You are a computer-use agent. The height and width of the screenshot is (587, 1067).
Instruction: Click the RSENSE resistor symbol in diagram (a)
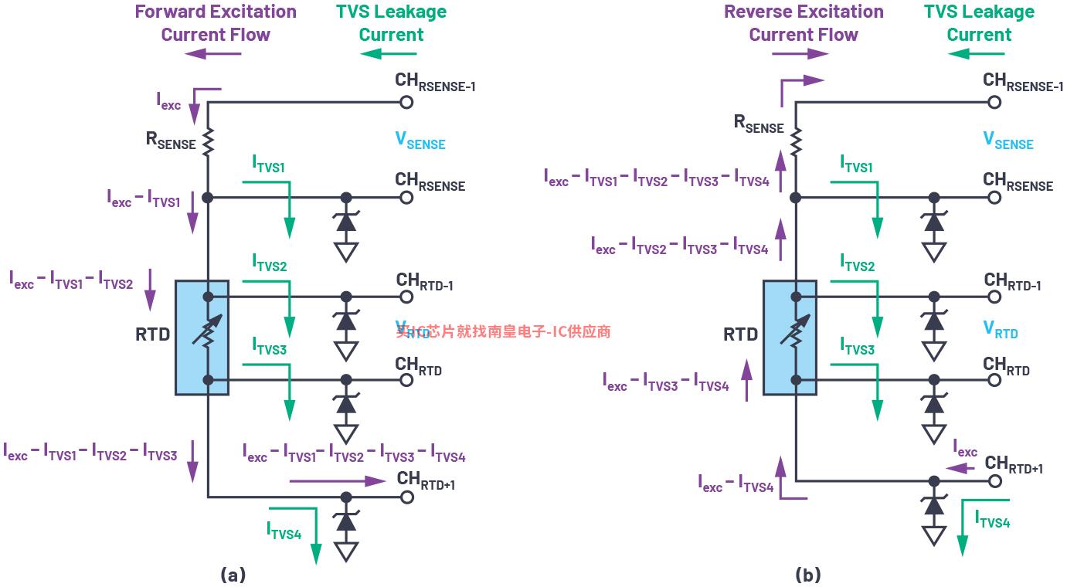[208, 141]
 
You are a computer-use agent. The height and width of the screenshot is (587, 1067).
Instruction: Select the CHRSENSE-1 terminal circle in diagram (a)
[406, 102]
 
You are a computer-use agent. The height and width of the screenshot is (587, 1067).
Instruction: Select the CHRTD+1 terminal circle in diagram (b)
[995, 480]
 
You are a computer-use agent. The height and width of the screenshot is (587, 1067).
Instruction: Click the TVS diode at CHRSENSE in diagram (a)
[346, 222]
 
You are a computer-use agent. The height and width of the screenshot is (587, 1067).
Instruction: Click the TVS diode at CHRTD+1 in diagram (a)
[346, 521]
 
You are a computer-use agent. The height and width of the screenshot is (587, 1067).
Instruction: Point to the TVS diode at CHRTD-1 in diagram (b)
[934, 321]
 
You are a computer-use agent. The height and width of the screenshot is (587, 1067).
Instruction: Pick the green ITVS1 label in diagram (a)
[269, 164]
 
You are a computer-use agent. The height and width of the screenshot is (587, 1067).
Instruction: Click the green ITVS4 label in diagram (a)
[284, 530]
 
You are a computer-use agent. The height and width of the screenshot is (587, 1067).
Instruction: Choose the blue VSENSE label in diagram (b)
[1008, 141]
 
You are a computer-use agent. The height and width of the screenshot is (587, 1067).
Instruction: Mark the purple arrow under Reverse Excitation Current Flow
[800, 53]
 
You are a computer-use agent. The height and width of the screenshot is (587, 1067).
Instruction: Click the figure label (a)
[233, 575]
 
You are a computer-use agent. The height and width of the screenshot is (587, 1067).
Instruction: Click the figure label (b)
[807, 575]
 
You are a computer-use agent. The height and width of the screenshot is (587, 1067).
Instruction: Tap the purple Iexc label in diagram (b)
[964, 449]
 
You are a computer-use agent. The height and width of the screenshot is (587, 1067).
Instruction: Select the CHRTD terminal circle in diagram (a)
[406, 380]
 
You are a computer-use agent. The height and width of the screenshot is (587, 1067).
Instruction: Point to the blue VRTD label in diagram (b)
[1000, 330]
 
